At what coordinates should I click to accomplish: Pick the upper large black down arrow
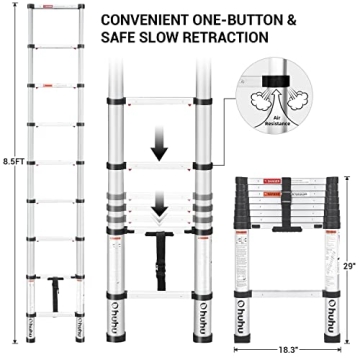coord(159,146)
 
